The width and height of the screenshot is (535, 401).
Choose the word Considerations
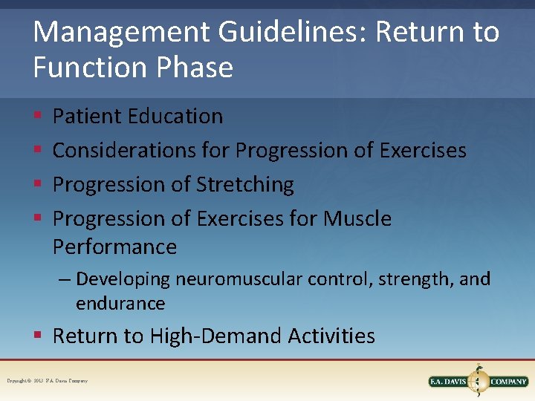click(125, 150)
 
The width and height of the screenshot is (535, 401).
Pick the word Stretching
click(245, 184)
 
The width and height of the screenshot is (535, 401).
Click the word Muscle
click(357, 218)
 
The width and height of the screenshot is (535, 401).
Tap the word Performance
click(114, 247)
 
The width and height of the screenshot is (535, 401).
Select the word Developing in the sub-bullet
click(123, 279)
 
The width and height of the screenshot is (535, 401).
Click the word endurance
click(120, 303)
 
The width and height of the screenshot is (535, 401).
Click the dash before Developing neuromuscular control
click(65, 280)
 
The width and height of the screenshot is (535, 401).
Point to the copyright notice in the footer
click(48, 381)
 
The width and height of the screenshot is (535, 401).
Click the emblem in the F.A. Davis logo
click(479, 380)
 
